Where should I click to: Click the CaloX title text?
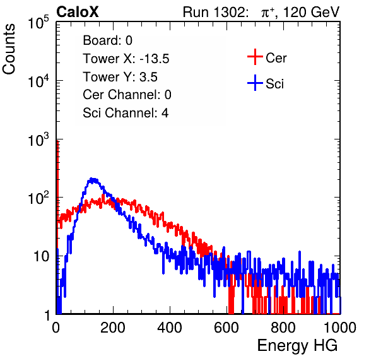pyautogui.click(x=77, y=12)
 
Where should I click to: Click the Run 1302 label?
pyautogui.click(x=215, y=12)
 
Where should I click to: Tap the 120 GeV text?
pyautogui.click(x=311, y=12)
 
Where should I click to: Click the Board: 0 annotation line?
pyautogui.click(x=107, y=40)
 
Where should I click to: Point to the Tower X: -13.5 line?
pyautogui.click(x=126, y=59)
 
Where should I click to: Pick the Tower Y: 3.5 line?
pyautogui.click(x=120, y=77)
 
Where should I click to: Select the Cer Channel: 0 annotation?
pyautogui.click(x=127, y=95)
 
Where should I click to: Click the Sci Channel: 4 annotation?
pyautogui.click(x=126, y=113)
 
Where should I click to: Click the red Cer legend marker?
pyautogui.click(x=255, y=57)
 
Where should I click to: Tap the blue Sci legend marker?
pyautogui.click(x=255, y=83)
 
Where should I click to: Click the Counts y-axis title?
pyautogui.click(x=9, y=49)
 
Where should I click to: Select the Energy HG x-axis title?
pyautogui.click(x=297, y=346)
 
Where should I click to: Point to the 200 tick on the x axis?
pyautogui.click(x=113, y=328)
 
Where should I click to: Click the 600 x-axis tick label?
pyautogui.click(x=226, y=328)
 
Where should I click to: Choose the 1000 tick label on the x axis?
pyautogui.click(x=340, y=328)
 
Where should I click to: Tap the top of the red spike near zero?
pyautogui.click(x=57, y=141)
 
